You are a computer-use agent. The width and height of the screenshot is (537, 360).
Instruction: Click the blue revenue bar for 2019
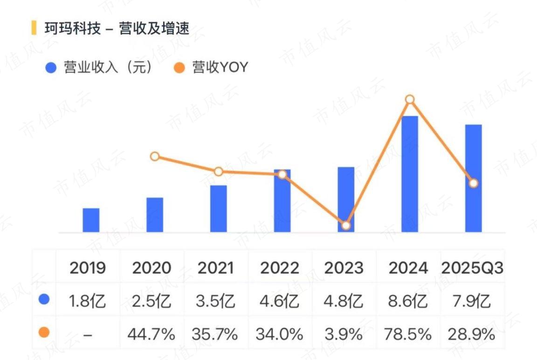(x=91, y=220)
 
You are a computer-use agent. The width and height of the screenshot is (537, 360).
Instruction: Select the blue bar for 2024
(x=410, y=174)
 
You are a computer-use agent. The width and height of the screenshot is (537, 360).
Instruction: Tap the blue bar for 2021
(x=219, y=209)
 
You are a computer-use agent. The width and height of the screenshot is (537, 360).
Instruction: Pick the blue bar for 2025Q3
(x=473, y=179)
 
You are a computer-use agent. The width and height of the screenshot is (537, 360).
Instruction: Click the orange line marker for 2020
(x=155, y=157)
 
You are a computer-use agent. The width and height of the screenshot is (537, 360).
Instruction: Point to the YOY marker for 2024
(x=410, y=100)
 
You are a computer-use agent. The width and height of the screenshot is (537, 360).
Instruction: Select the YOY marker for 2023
(x=346, y=225)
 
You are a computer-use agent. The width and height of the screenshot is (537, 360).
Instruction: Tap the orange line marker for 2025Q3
(x=473, y=184)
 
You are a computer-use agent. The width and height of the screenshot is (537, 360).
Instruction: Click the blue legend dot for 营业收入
(x=51, y=68)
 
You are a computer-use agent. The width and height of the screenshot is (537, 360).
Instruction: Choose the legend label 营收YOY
(x=220, y=67)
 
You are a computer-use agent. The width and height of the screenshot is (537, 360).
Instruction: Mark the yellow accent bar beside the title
(x=34, y=28)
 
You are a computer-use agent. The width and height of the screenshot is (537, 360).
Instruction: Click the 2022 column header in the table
(x=280, y=268)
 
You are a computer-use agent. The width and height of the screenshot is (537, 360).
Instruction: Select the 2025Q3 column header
(x=472, y=268)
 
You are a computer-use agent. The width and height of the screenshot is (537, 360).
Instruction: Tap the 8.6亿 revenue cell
(x=407, y=301)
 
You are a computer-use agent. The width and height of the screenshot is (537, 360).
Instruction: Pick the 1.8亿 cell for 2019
(x=87, y=301)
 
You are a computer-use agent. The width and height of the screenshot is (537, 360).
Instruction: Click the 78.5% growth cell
(x=407, y=334)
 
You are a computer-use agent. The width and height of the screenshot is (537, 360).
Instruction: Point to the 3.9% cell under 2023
(x=344, y=334)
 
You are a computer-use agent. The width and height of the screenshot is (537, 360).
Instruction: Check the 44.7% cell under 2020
(x=151, y=334)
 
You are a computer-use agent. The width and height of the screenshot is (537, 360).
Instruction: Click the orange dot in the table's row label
(x=44, y=332)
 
